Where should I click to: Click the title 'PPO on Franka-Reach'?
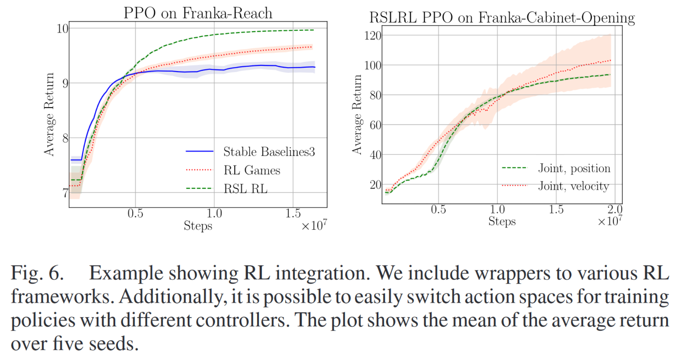[x=198, y=13]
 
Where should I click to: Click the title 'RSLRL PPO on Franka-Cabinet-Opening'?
[x=502, y=17]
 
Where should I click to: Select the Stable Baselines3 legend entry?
[x=269, y=151]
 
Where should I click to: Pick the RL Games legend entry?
[x=252, y=170]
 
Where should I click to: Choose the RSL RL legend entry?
[x=245, y=188]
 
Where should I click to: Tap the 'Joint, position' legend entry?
[x=574, y=168]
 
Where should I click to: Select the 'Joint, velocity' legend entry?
[x=573, y=186]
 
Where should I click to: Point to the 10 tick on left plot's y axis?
[x=63, y=29]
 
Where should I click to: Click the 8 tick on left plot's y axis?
[x=65, y=138]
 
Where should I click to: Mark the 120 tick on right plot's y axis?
[x=373, y=36]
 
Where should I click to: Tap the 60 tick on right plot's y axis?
[x=375, y=125]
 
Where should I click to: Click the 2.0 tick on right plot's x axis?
[x=615, y=209]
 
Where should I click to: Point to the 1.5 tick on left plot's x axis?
[x=293, y=213]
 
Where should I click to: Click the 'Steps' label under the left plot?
[x=198, y=226]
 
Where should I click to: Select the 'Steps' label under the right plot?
[x=502, y=221]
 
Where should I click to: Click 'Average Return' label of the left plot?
[x=49, y=114]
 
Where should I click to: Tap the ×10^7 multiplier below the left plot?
[x=314, y=225]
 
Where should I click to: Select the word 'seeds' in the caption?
[x=113, y=344]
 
